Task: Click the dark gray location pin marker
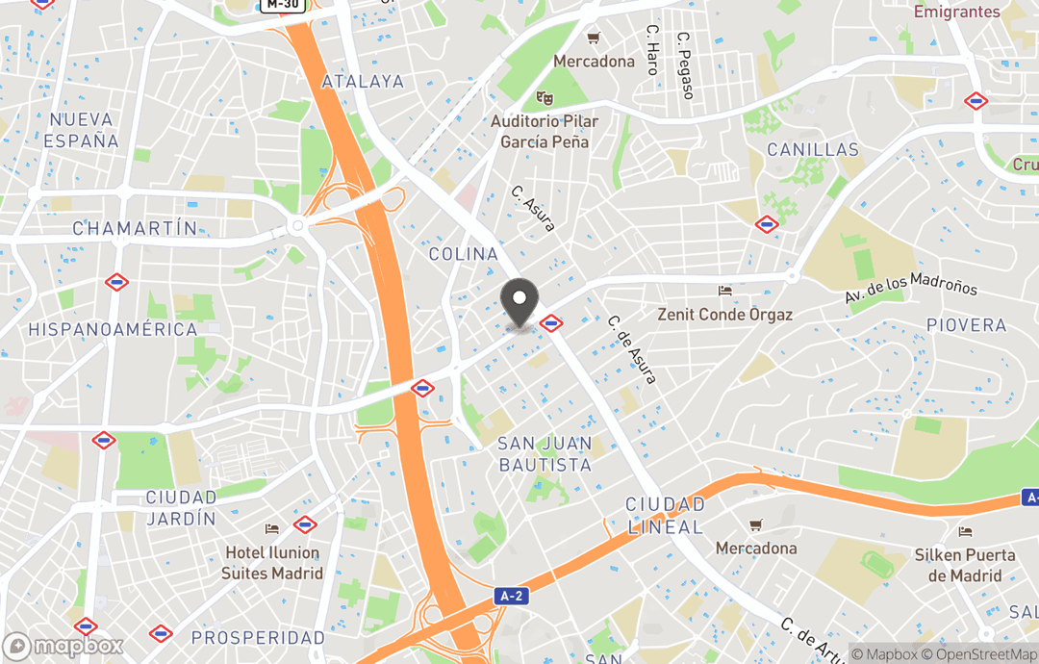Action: tap(520, 302)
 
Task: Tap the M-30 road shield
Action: tap(283, 6)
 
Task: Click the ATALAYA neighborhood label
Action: tap(363, 82)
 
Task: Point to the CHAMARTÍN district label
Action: tap(135, 229)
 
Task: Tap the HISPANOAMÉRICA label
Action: tap(113, 329)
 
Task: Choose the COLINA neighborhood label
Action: tap(464, 254)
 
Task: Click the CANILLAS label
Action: tap(813, 150)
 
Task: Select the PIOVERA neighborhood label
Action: tap(966, 325)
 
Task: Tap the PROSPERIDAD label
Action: tap(258, 638)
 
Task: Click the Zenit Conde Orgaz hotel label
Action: tap(724, 315)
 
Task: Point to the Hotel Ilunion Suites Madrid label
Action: tap(271, 562)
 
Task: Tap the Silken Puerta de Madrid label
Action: tap(965, 565)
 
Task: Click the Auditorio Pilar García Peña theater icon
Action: tap(545, 98)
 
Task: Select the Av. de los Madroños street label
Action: tap(910, 286)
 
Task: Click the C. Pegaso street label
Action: tap(685, 65)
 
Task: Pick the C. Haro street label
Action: tap(652, 50)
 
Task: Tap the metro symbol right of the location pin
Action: tap(551, 323)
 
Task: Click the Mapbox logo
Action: tap(63, 646)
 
